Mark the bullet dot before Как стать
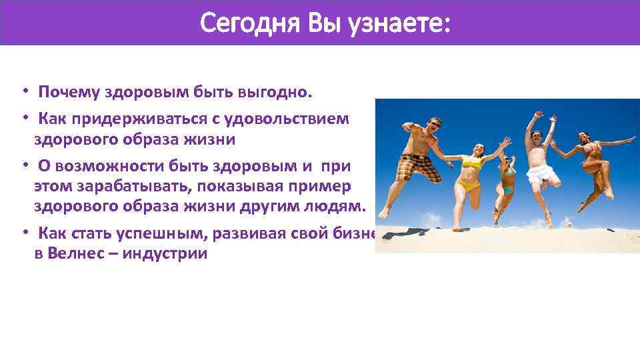[23, 233]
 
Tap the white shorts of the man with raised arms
[542, 173]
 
